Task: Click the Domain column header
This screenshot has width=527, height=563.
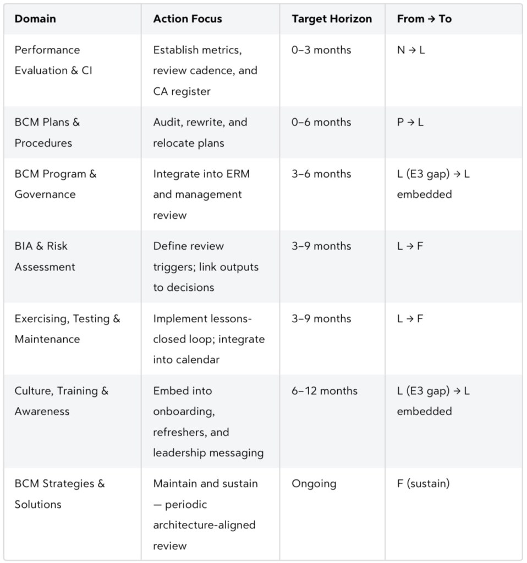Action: tap(35, 19)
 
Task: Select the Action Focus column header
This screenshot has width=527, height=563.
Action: tap(188, 19)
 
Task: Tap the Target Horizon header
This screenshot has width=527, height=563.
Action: tap(332, 19)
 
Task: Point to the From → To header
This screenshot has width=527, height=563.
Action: tap(424, 19)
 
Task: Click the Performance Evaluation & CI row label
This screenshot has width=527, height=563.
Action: tap(53, 60)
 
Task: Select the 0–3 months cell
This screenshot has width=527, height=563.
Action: tap(321, 50)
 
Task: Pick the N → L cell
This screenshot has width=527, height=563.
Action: tap(411, 50)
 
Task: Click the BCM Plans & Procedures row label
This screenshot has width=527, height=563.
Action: tap(47, 133)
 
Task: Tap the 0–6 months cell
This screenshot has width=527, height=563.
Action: tap(321, 122)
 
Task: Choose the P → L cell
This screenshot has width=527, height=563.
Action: tap(410, 122)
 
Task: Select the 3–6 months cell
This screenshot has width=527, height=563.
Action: tap(321, 174)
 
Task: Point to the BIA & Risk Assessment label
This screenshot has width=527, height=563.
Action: tap(45, 256)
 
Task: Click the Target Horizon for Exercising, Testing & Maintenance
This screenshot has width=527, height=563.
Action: tap(321, 318)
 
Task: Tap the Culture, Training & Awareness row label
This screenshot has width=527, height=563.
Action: tap(62, 401)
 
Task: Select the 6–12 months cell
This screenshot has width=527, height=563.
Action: tap(325, 391)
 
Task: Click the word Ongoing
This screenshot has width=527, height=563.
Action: tap(314, 484)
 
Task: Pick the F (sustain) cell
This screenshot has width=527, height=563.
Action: tap(423, 484)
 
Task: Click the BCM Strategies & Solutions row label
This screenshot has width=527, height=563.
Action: tap(59, 494)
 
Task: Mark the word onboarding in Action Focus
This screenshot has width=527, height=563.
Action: tap(183, 411)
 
